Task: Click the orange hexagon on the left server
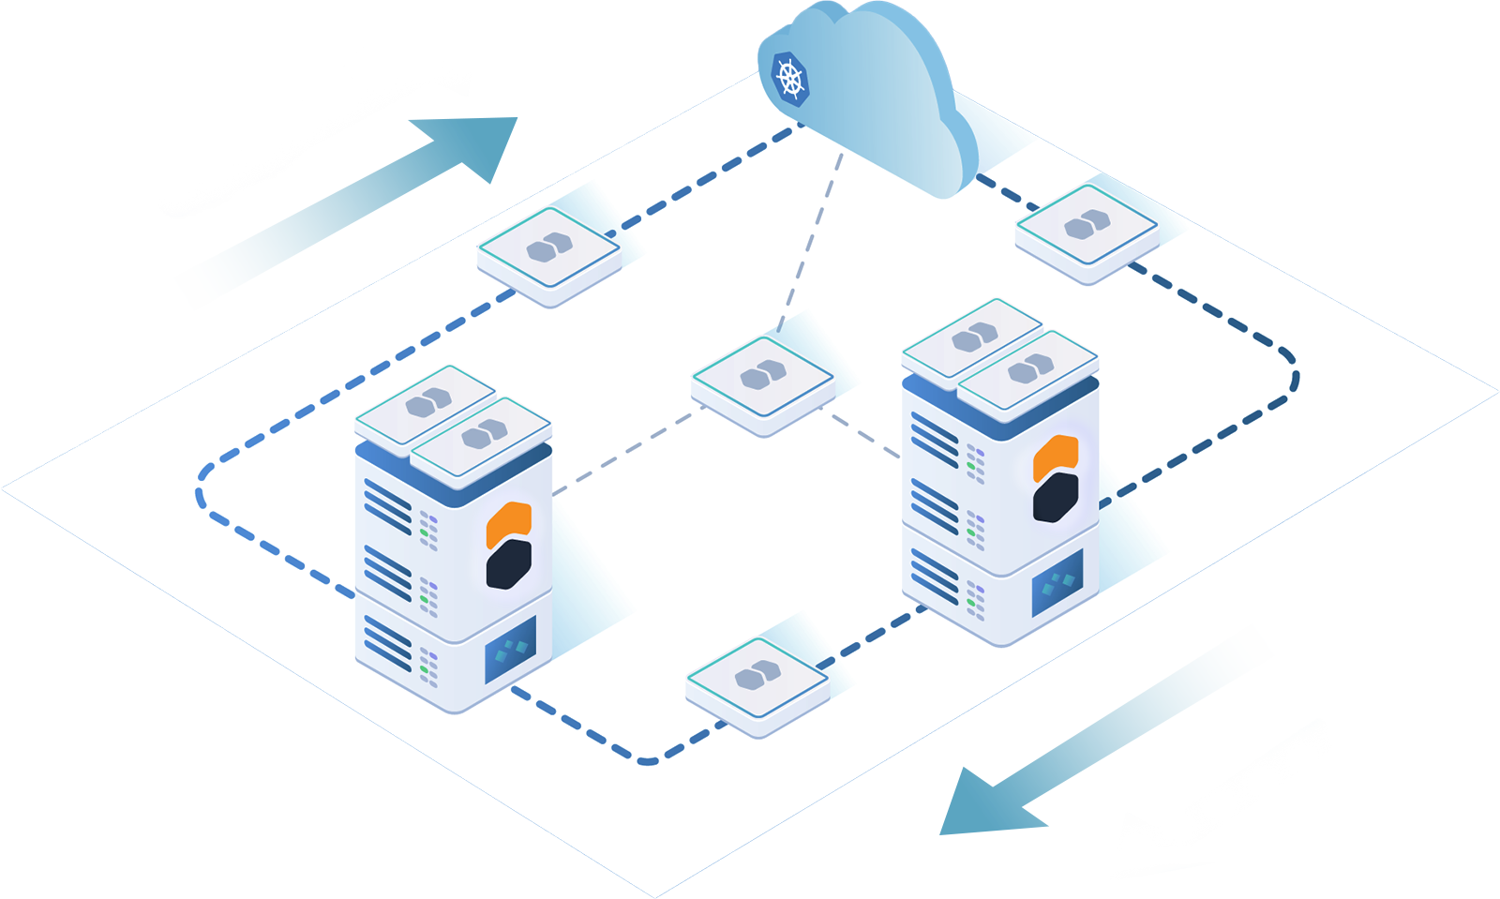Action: pyautogui.click(x=509, y=524)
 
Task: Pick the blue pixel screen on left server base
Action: pyautogui.click(x=510, y=649)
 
